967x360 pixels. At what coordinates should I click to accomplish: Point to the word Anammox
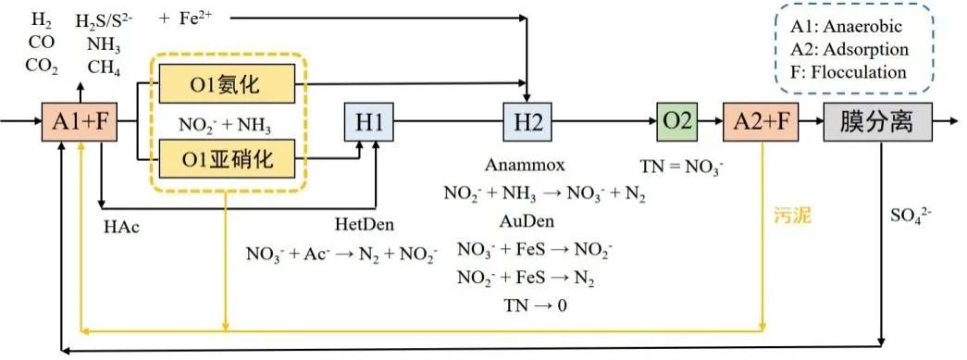[x=521, y=165]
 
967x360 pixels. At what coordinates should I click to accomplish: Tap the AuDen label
[x=523, y=223]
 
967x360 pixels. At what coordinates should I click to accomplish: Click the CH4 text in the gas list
[x=104, y=67]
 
